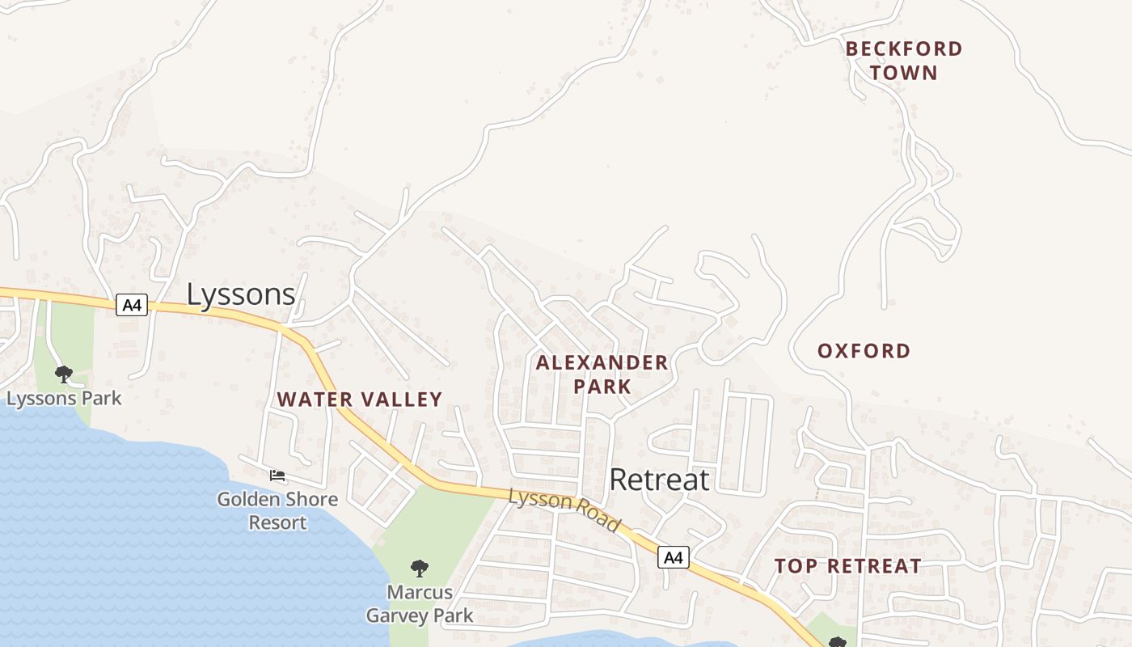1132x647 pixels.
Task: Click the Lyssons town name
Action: click(x=241, y=294)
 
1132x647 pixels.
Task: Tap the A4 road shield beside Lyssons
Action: click(x=132, y=305)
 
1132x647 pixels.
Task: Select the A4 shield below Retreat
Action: click(x=673, y=557)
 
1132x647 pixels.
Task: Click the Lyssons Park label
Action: click(x=64, y=398)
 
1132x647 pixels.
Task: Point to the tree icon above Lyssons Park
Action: click(x=63, y=374)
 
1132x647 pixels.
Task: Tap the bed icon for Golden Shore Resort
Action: click(x=277, y=476)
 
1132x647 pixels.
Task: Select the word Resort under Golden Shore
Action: click(x=277, y=522)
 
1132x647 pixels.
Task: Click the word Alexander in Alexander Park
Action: click(x=602, y=363)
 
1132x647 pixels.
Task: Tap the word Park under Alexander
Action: click(x=602, y=387)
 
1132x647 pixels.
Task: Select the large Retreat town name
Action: click(x=659, y=480)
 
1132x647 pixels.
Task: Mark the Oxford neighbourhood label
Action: click(x=864, y=351)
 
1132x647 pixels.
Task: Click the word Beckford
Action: click(x=904, y=49)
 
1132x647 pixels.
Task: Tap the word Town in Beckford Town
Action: click(x=904, y=73)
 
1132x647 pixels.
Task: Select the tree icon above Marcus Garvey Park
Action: click(x=419, y=568)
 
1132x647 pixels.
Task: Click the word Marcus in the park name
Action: click(x=419, y=592)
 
